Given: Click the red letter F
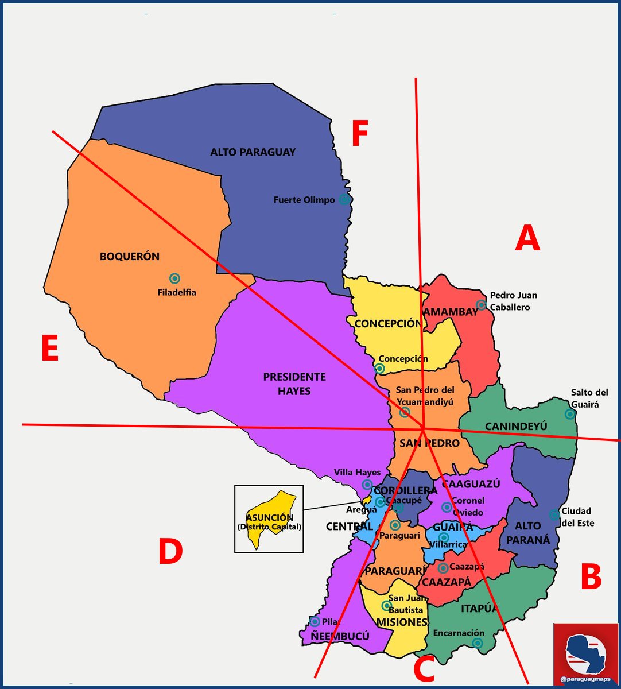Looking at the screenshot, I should [x=359, y=134].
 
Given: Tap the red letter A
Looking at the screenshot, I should [x=527, y=238].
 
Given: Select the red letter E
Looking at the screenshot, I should [x=50, y=349].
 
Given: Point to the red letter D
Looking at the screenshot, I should [x=170, y=551].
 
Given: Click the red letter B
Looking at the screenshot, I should [x=591, y=577].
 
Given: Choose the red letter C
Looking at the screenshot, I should [x=424, y=669].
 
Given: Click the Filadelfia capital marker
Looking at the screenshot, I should [x=175, y=278].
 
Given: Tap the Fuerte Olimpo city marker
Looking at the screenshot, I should [x=344, y=199].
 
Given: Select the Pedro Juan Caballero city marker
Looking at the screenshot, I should [x=481, y=305].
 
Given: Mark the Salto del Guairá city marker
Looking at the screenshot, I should [x=570, y=414].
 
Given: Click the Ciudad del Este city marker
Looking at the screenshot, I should [x=554, y=514].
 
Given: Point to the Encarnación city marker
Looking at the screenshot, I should [x=477, y=643].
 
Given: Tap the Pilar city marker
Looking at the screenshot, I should [x=315, y=621].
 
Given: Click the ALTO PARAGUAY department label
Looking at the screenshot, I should [x=253, y=152].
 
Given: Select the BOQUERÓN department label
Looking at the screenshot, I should [x=130, y=257].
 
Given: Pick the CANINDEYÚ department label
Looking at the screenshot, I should [x=516, y=426].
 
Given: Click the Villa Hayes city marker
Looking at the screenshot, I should [x=367, y=485].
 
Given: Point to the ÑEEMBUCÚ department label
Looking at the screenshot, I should [x=340, y=636].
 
